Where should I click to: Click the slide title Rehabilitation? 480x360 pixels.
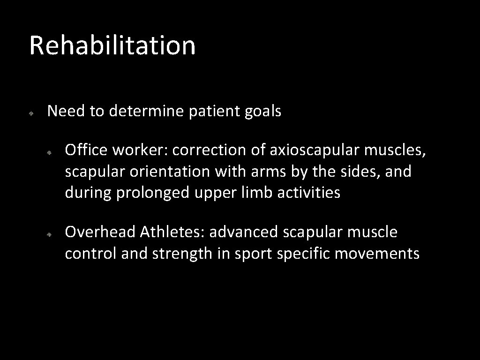[112, 45]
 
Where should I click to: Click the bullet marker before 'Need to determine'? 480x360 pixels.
[30, 113]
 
